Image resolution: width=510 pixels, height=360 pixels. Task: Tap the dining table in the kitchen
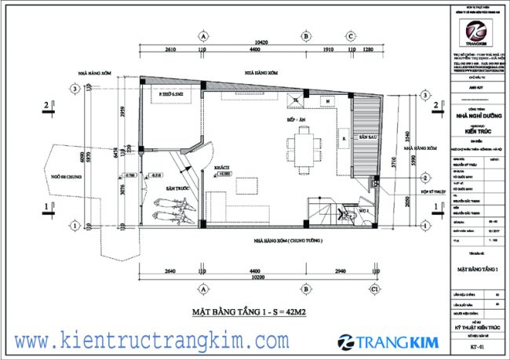click(x=303, y=146)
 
